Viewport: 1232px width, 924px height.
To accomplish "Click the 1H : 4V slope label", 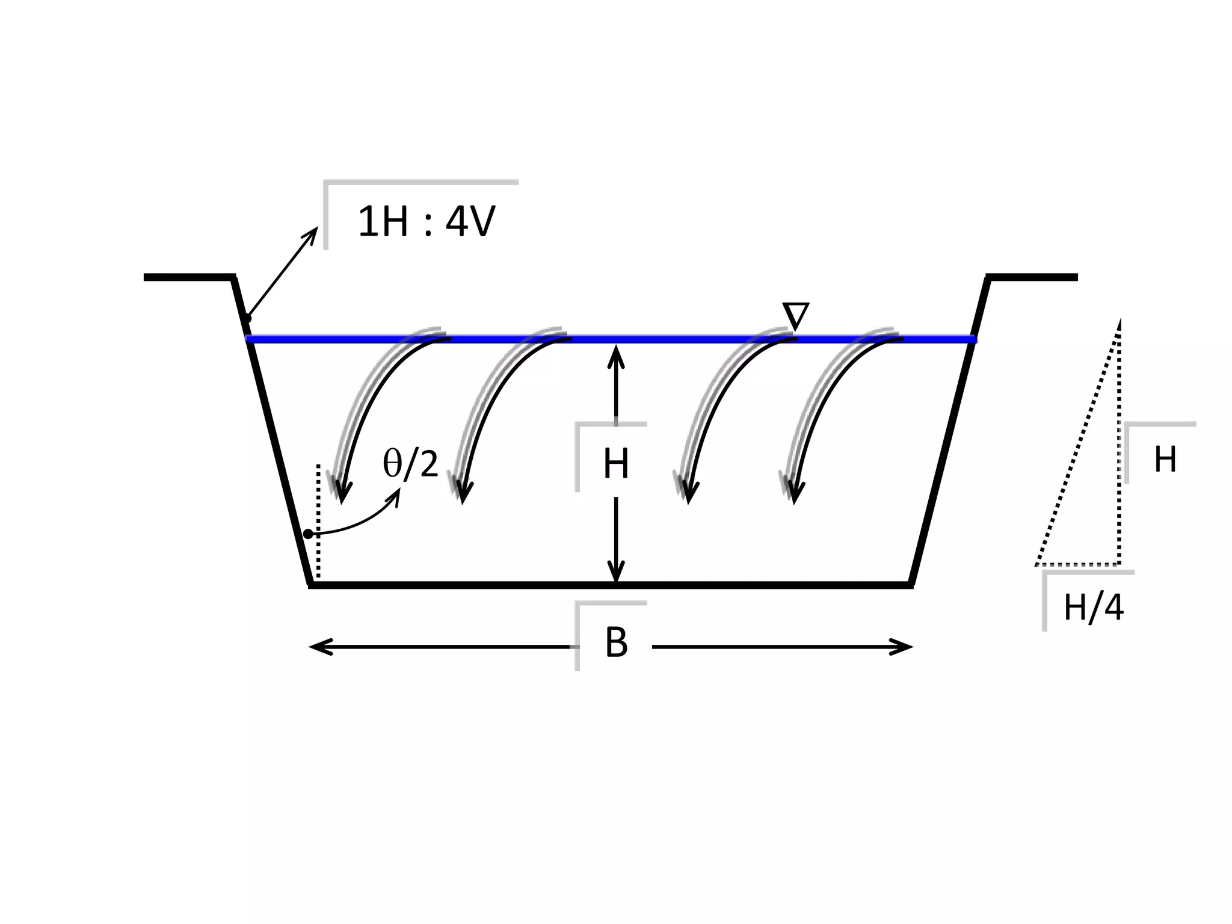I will pyautogui.click(x=426, y=222).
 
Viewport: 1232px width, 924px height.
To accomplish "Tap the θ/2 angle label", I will pyautogui.click(x=410, y=464).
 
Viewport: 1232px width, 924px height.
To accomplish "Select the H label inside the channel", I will pyautogui.click(x=616, y=464).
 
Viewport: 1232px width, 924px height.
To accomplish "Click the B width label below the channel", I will pyautogui.click(x=616, y=642).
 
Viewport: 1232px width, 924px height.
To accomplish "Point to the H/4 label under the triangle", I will pyautogui.click(x=1093, y=608).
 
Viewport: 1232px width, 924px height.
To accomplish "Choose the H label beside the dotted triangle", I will pyautogui.click(x=1165, y=460).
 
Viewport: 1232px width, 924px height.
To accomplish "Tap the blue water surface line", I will pyautogui.click(x=662, y=340).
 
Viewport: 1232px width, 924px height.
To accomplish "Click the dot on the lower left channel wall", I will pyautogui.click(x=308, y=534).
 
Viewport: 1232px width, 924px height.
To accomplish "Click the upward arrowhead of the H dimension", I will pyautogui.click(x=616, y=355).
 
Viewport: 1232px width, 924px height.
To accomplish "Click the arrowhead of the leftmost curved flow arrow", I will pyautogui.click(x=342, y=493).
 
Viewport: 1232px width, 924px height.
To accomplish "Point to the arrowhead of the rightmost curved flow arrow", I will pyautogui.click(x=795, y=493).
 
